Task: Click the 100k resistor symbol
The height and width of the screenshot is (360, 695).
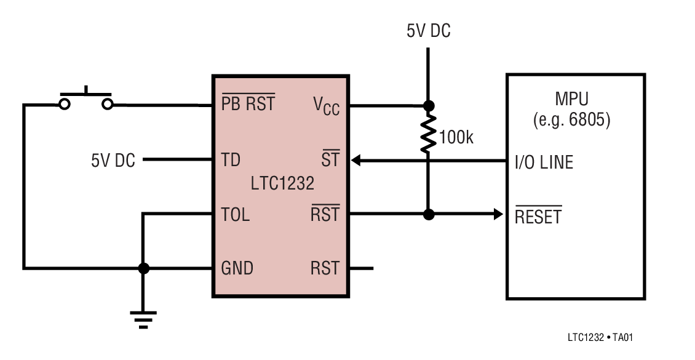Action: click(x=428, y=132)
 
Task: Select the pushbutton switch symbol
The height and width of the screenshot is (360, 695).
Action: click(x=86, y=98)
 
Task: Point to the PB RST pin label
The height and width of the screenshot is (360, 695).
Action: click(x=248, y=104)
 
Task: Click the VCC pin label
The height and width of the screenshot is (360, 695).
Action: click(x=326, y=106)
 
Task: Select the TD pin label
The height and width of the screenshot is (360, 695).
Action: click(x=231, y=161)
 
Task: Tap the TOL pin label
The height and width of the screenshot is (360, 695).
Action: click(x=235, y=215)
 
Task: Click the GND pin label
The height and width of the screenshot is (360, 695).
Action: click(x=237, y=268)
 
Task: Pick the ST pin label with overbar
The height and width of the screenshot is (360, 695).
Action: click(x=330, y=161)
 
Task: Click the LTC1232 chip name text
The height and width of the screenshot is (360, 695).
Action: click(x=282, y=183)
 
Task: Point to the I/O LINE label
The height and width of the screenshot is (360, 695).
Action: click(x=544, y=162)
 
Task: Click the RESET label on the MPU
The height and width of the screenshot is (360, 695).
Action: click(x=538, y=217)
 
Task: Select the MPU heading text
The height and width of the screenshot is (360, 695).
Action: click(x=571, y=99)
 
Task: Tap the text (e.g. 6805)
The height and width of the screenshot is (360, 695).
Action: click(x=571, y=120)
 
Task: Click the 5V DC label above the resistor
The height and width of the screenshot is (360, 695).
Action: click(x=429, y=31)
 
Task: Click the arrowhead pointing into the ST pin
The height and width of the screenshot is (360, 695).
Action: click(x=356, y=161)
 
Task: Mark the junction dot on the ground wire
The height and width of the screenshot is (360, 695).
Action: click(x=143, y=268)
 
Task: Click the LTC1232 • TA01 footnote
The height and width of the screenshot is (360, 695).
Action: click(x=600, y=338)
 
